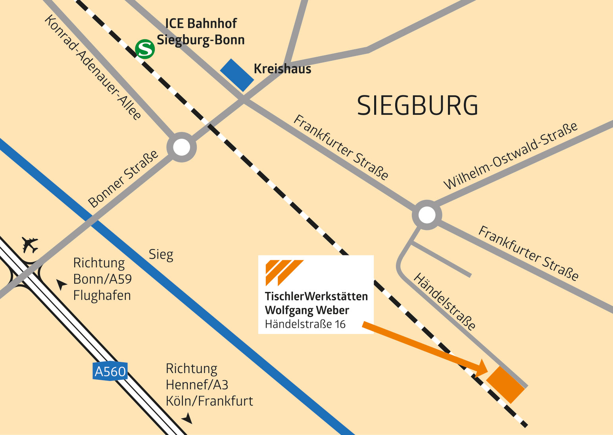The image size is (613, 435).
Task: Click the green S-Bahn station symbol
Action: click(145, 49)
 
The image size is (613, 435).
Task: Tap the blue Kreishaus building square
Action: click(237, 75)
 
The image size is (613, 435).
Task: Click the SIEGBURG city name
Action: click(417, 106)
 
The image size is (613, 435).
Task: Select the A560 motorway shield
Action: click(110, 371)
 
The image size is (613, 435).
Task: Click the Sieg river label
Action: click(161, 255)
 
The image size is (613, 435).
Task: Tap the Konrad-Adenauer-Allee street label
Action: click(93, 68)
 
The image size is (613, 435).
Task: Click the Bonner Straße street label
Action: click(123, 179)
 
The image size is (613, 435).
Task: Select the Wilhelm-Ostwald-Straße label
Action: click(510, 156)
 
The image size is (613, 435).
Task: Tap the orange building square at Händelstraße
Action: click(505, 384)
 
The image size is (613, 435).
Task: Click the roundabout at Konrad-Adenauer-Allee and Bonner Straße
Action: click(182, 147)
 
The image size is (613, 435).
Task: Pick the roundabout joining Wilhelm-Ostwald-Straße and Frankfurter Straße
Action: click(427, 215)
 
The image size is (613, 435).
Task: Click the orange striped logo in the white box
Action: click(284, 273)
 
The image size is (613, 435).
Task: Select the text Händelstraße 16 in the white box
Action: click(305, 325)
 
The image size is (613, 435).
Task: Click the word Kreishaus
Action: click(282, 69)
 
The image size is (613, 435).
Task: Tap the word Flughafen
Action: click(102, 296)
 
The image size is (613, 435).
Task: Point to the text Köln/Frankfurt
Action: click(209, 401)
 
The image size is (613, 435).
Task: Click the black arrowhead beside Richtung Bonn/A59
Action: click(61, 284)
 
